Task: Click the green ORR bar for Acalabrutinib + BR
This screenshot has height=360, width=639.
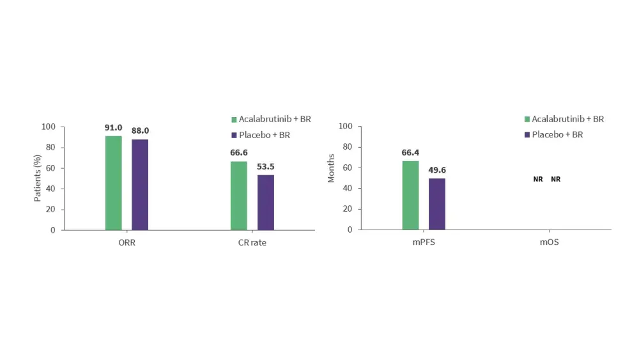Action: pos(113,183)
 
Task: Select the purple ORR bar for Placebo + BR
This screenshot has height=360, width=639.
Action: pos(140,185)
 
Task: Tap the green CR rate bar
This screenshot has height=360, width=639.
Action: pos(238,196)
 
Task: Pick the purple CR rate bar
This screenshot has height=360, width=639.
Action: pos(265,202)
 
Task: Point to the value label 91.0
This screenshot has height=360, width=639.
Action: pos(113,128)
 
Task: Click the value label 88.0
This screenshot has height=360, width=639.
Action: pos(140,131)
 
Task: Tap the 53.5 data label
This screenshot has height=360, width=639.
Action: pos(265,167)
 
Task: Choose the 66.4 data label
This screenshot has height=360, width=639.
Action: pos(410,153)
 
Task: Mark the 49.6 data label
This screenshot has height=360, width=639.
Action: pos(437,170)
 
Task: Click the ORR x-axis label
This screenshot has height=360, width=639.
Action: pos(127,243)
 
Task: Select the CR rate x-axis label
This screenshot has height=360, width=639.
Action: pos(252,243)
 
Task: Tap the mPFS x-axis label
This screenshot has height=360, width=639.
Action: pos(424,243)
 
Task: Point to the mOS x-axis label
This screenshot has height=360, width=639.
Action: pos(549,243)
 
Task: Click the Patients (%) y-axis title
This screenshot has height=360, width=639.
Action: pos(38,178)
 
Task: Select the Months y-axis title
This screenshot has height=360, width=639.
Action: pos(331,168)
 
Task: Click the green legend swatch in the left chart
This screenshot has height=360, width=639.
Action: pos(234,120)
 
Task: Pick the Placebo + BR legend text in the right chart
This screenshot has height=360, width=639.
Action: pos(557,135)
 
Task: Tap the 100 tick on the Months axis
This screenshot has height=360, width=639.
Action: pos(346,127)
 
